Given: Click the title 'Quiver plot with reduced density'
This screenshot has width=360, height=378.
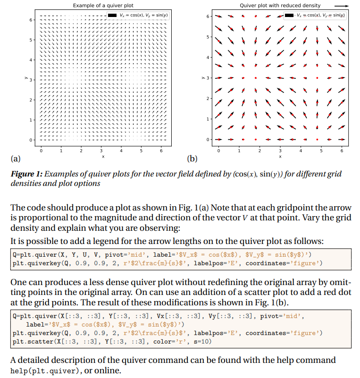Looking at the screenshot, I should pos(280,5).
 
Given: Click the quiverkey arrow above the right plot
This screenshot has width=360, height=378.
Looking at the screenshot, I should pos(342,6).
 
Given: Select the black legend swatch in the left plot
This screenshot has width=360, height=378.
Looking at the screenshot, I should pos(112,16).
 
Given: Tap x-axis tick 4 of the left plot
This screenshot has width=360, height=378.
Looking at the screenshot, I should pos(121,151).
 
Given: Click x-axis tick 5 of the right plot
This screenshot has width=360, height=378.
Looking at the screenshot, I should pos(321,151).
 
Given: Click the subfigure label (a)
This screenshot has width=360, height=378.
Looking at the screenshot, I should pos(15,159).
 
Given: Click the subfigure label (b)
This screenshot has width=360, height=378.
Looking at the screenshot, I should pos(192,159).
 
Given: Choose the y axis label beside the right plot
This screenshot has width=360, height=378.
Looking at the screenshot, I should pos(202,77).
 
